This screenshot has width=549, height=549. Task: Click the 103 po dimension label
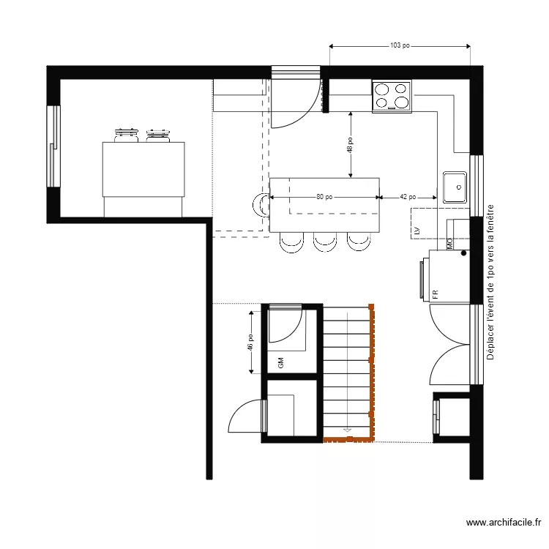[x=399, y=45]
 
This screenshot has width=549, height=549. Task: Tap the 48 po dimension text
[x=351, y=144]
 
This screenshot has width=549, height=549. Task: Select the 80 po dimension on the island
[x=325, y=197]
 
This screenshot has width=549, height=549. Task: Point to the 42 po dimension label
[x=408, y=197]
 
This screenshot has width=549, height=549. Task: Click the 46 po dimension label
[x=250, y=343]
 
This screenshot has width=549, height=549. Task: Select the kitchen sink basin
[x=455, y=186]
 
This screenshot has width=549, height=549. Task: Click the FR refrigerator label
[x=435, y=294]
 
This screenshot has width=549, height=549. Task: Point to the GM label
[x=280, y=362]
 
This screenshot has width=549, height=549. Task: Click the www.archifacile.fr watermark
[x=504, y=523]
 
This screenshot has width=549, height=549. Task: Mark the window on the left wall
[x=53, y=146]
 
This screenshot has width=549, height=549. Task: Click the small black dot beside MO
[x=463, y=253]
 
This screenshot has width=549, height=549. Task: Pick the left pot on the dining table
[x=126, y=135]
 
